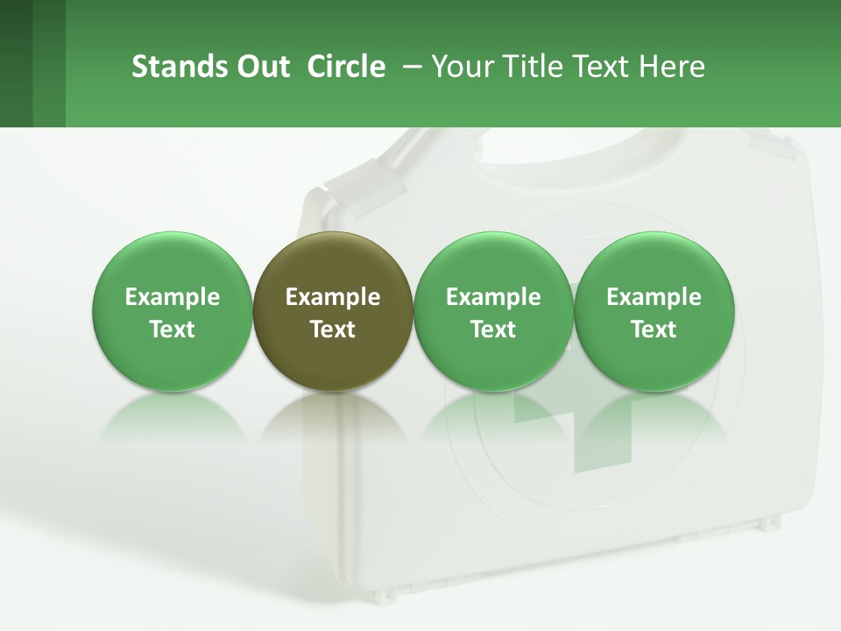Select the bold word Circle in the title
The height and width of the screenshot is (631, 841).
[x=346, y=67]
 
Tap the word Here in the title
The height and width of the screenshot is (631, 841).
[x=672, y=67]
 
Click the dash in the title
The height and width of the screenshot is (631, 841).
[x=410, y=67]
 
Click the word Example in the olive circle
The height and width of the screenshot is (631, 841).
[x=333, y=297]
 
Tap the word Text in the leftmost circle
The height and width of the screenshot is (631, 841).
[x=173, y=330]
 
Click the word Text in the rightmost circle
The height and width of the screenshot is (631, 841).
[x=654, y=330]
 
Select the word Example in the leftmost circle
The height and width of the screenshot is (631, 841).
[x=173, y=297]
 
